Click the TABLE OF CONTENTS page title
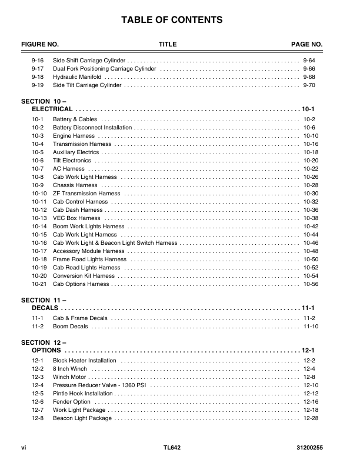tap(172, 21)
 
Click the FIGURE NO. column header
tap(40, 45)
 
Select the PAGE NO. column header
tap(306, 45)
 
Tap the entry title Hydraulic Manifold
tap(77, 77)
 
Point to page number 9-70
tap(309, 85)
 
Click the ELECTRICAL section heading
tap(52, 109)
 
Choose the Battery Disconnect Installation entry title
tap(92, 128)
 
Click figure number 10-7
tap(38, 169)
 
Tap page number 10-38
tap(311, 218)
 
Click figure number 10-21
tap(39, 284)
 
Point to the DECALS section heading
tap(45, 308)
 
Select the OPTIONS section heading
tap(46, 351)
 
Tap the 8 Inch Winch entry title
tap(70, 369)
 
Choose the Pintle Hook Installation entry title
tap(82, 394)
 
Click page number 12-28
tap(311, 418)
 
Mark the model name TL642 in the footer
tap(172, 448)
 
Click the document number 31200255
tap(310, 448)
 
